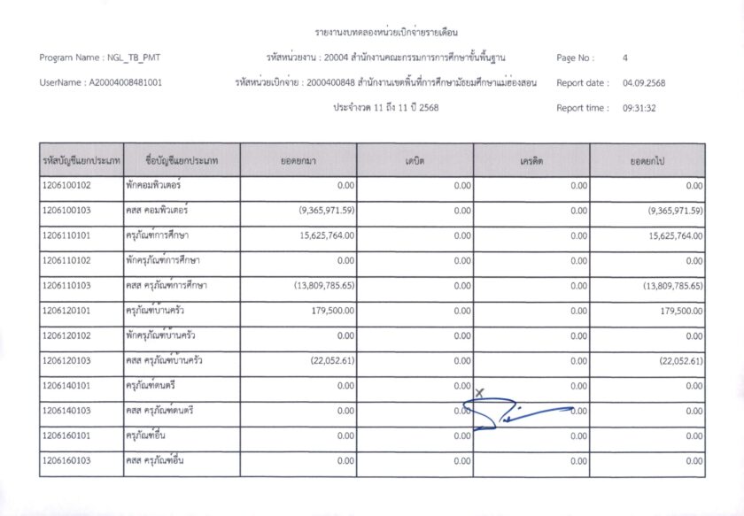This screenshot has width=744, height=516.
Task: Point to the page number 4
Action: tap(625, 58)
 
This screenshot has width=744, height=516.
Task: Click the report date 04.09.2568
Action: tap(644, 83)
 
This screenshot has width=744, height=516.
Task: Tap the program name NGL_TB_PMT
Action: tap(131, 58)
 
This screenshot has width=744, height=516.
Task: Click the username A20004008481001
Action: tap(124, 83)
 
